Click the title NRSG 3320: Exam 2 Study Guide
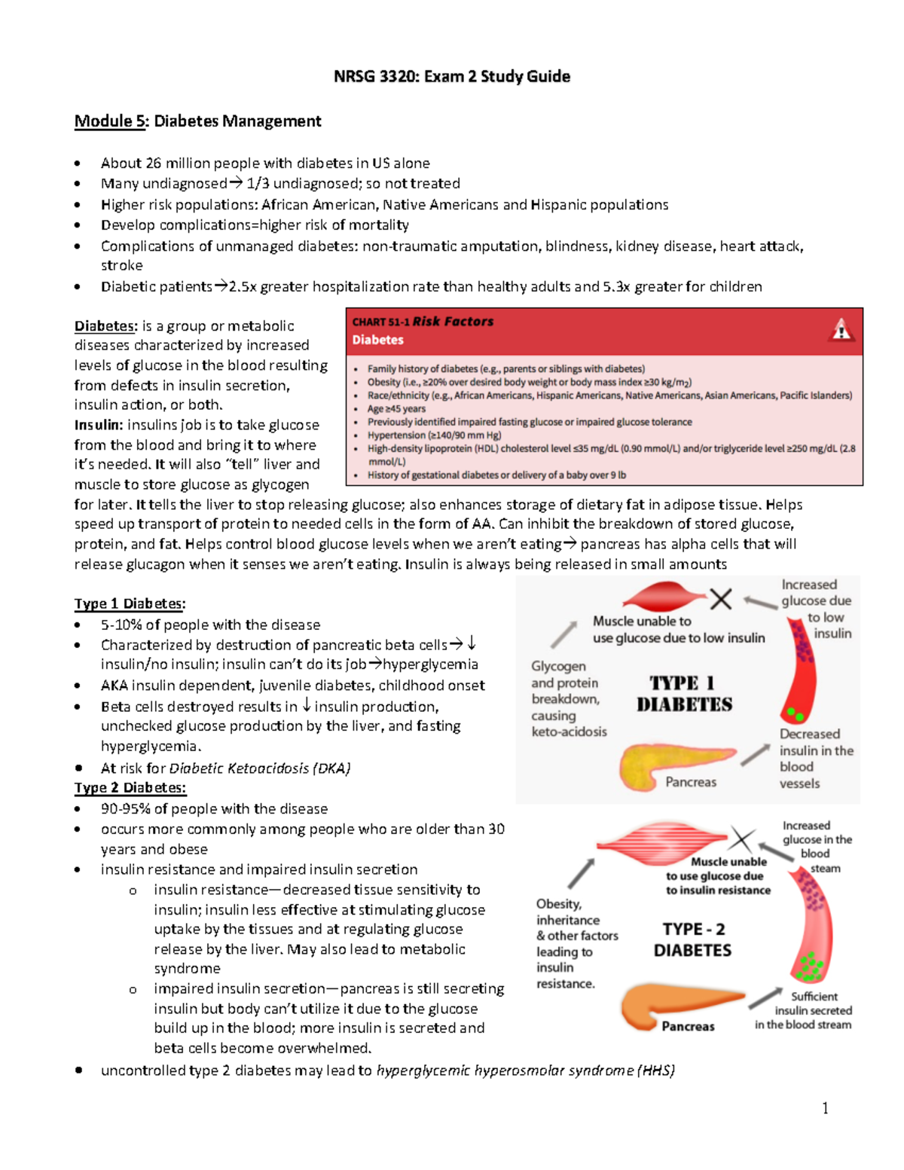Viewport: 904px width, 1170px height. (x=452, y=76)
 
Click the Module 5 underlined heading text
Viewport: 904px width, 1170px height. (x=109, y=121)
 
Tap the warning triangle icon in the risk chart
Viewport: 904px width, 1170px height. (x=841, y=330)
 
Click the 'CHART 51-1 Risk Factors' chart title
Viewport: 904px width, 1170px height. (x=423, y=322)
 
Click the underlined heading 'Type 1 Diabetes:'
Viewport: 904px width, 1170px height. (x=130, y=603)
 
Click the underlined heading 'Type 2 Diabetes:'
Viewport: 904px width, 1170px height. (x=130, y=787)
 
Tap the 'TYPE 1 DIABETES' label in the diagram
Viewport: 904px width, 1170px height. (x=684, y=694)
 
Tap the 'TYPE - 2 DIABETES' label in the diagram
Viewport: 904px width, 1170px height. (x=692, y=939)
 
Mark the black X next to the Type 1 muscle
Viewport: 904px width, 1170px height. (x=721, y=599)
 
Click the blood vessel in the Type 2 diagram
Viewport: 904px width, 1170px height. (x=810, y=927)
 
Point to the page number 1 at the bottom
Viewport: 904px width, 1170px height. (x=825, y=1107)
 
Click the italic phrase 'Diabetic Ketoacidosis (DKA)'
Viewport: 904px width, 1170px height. (x=260, y=768)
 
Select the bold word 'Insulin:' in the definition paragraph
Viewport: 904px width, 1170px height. (x=98, y=425)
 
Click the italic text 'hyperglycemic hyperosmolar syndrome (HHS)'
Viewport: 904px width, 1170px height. (x=525, y=1071)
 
